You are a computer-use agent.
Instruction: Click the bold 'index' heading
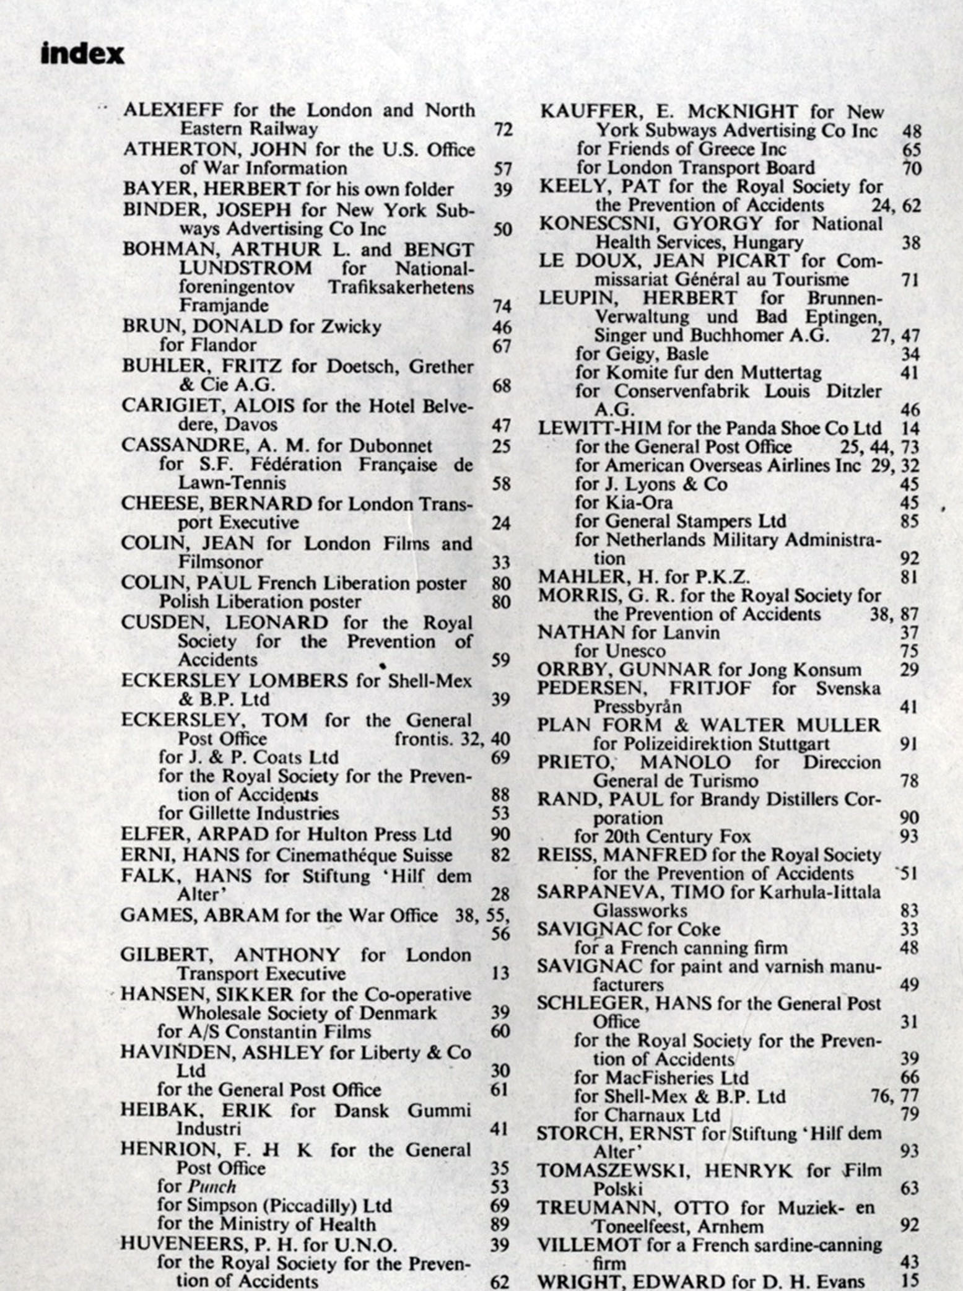coord(82,55)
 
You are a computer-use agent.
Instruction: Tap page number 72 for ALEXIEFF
coord(502,130)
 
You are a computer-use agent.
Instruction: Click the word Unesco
coord(635,651)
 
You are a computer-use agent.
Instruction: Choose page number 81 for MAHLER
coord(909,577)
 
